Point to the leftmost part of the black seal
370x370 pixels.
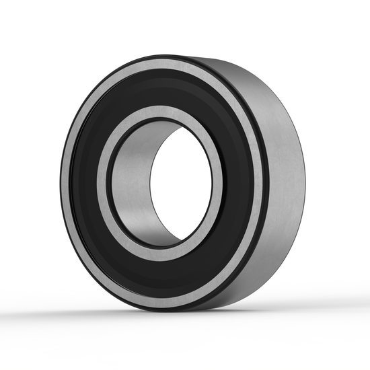click(81, 182)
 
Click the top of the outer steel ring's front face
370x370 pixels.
click(161, 65)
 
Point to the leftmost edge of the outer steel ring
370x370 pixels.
click(61, 182)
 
